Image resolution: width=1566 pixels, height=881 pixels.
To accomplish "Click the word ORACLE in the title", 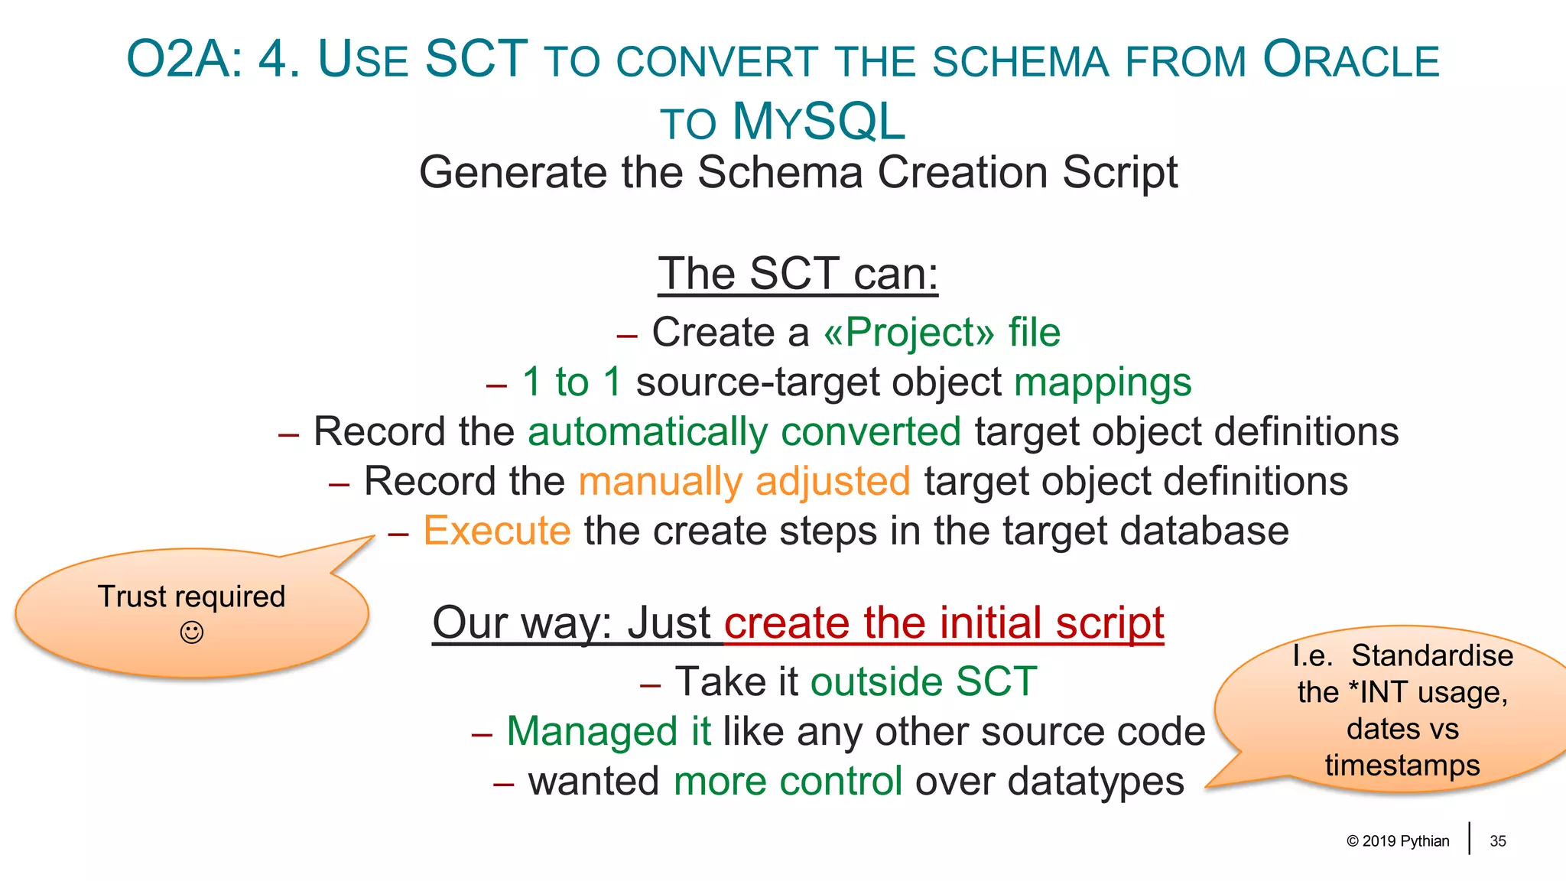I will click(1350, 60).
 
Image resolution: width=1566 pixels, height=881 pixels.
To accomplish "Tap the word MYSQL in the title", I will click(818, 122).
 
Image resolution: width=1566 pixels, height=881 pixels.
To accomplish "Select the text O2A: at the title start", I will click(184, 60).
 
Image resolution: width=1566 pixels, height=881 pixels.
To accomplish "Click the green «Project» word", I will click(908, 333).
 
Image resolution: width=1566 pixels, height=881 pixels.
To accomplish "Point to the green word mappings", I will click(1102, 382).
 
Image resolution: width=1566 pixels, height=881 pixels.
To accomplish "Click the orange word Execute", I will click(497, 531).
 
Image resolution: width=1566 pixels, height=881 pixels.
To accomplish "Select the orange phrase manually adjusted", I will click(744, 482).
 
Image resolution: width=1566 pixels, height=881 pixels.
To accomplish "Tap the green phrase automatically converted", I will click(744, 432).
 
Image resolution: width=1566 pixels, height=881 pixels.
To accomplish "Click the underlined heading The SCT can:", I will click(798, 274).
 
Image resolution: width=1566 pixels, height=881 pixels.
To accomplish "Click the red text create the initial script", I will click(944, 623).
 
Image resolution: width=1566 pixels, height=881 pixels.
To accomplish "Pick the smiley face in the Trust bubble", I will click(191, 632).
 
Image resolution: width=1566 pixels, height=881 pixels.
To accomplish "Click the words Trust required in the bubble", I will click(191, 597).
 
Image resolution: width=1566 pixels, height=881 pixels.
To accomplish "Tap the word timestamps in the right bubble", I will click(1402, 766).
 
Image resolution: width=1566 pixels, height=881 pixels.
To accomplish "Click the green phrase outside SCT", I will click(924, 681).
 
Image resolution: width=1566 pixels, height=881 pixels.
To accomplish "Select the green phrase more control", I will click(788, 782).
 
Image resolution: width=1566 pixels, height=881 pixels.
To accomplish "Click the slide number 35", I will click(1497, 841).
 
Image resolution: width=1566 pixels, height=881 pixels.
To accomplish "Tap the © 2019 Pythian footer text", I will click(1398, 841).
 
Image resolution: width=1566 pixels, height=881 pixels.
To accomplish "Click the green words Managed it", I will click(609, 731).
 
